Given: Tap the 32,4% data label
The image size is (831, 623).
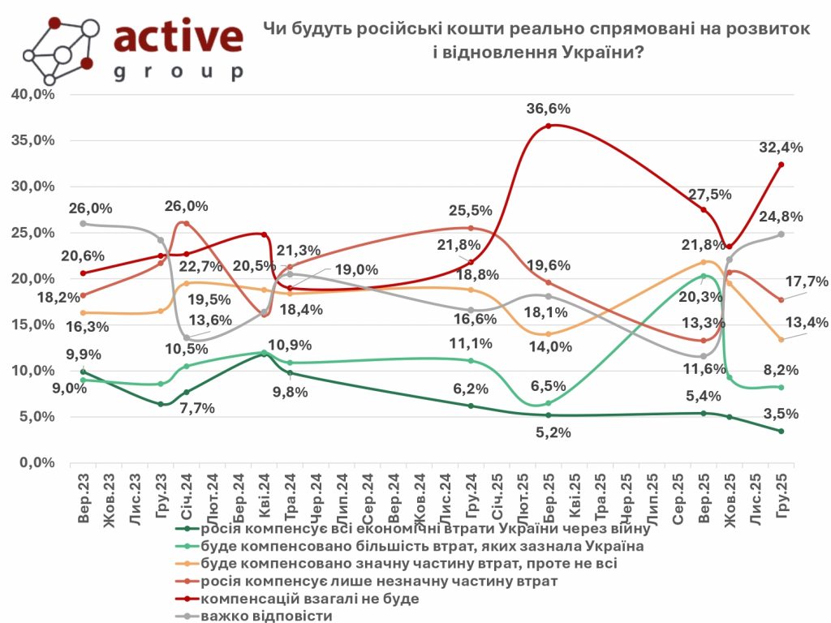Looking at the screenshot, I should coord(781,148).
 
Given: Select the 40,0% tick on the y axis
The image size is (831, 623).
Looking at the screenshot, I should coord(33,94).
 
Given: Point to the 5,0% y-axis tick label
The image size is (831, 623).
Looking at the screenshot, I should coord(37,417).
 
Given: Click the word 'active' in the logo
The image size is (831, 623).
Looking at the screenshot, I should coord(179,37).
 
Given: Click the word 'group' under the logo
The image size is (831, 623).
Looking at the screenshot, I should coord(179,72).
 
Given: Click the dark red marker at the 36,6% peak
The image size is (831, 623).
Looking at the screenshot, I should coord(549,126).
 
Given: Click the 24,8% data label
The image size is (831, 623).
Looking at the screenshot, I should coord(781,217).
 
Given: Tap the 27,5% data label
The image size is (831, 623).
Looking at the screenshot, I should coord(710,195).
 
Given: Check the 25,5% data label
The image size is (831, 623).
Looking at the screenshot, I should coord(471,211).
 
